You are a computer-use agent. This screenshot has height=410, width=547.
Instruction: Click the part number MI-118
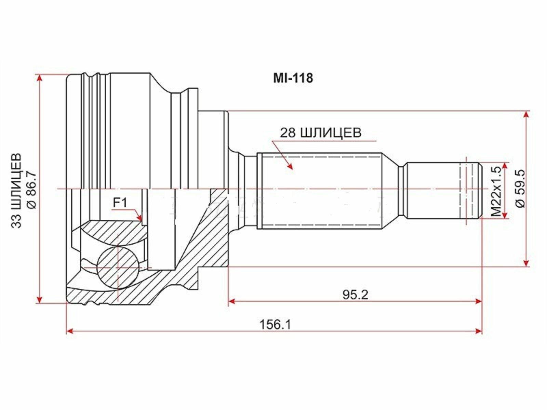[293, 78]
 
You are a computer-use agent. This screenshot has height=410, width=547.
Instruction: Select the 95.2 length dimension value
[355, 295]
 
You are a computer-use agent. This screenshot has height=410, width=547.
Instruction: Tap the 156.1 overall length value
[275, 325]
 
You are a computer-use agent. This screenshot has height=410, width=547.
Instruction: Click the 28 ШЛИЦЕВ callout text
[321, 133]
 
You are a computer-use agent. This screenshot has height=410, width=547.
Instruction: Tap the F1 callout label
[120, 203]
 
